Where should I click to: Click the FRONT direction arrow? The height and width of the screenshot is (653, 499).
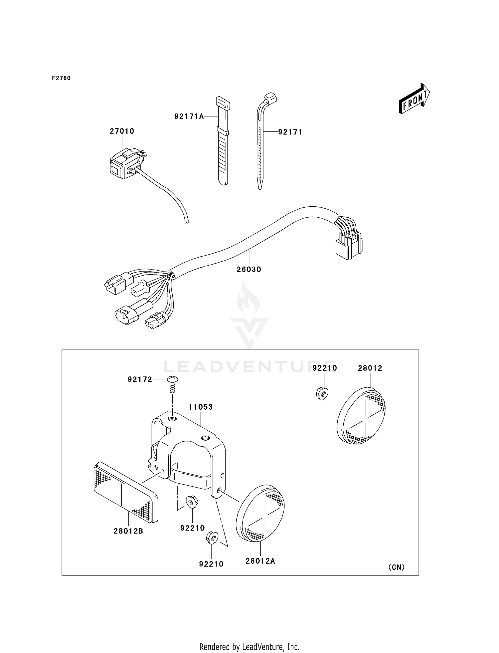tap(415, 99)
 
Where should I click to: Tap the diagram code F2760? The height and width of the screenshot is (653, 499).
tap(61, 78)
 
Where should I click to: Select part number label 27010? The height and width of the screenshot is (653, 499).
tap(122, 131)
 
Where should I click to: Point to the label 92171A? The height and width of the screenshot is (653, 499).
tap(189, 116)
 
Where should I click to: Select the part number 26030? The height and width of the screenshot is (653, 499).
tap(249, 269)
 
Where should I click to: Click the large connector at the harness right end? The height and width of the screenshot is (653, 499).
tap(348, 247)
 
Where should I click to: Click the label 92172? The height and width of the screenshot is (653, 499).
tap(140, 379)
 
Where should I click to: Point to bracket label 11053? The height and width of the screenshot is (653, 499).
tap(201, 407)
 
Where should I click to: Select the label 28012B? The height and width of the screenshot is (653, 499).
tap(128, 531)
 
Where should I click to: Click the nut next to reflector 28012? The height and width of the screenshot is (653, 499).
tap(322, 394)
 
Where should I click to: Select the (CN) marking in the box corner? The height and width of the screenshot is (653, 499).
tap(397, 567)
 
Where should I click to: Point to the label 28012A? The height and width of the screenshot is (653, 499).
tap(260, 561)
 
